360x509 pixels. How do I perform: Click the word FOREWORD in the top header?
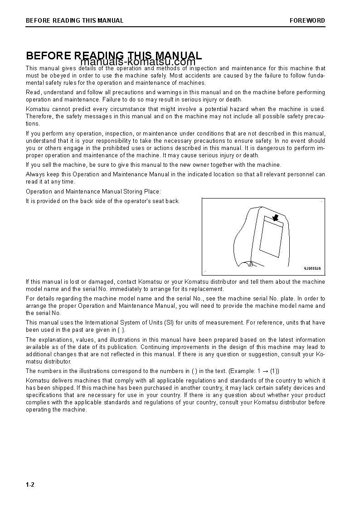307,20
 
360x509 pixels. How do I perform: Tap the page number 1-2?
30,485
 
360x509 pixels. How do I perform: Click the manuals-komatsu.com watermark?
138,62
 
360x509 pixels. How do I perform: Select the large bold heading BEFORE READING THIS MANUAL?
114,55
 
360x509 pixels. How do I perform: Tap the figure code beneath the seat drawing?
312,268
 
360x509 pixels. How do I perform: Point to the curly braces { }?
121,330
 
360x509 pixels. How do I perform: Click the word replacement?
208,289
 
